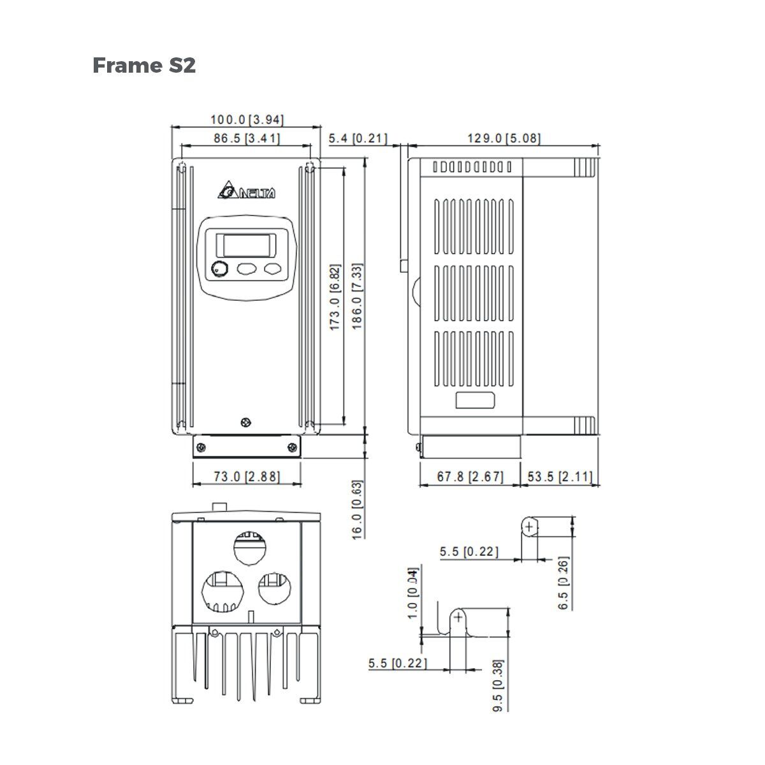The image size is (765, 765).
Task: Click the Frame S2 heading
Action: (144, 65)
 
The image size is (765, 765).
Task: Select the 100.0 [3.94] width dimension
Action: (247, 119)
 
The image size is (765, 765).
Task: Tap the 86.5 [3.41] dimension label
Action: (247, 138)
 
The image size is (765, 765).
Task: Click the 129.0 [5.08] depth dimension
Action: (504, 138)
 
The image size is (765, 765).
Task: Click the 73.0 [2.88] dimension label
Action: (246, 476)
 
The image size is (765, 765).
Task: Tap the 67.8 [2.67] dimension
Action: (470, 476)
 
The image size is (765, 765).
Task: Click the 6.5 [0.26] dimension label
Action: (563, 583)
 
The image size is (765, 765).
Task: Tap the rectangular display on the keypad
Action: (246, 245)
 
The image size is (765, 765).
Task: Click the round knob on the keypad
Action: (219, 269)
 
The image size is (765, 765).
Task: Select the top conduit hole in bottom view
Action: (249, 546)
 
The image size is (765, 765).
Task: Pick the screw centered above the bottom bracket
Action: (246, 423)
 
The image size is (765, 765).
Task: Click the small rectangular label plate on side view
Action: (475, 400)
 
